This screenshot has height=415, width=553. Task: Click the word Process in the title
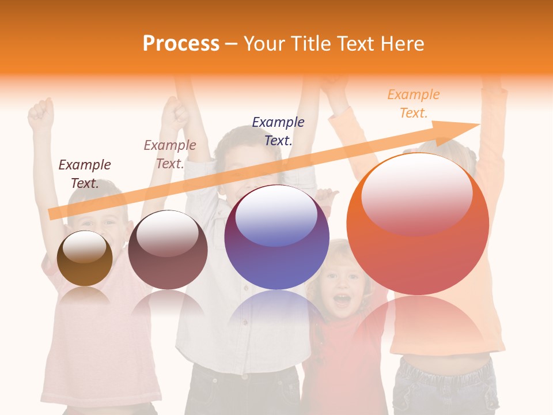click(x=181, y=44)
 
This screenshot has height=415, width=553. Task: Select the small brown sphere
click(x=85, y=258)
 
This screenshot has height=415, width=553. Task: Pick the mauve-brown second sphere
click(x=168, y=250)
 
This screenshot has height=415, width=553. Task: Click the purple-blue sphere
click(x=276, y=237)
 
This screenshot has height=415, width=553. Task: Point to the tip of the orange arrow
click(x=478, y=124)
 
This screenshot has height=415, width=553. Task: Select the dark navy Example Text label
click(x=278, y=131)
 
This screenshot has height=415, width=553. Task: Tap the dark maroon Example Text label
click(x=85, y=174)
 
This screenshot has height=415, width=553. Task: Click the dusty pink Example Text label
click(x=170, y=154)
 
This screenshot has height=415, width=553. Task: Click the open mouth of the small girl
click(x=342, y=299)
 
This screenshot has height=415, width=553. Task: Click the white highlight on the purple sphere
click(x=276, y=216)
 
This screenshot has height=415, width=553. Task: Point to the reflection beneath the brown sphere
click(x=85, y=296)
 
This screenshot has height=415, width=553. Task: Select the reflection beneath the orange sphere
click(x=418, y=323)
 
